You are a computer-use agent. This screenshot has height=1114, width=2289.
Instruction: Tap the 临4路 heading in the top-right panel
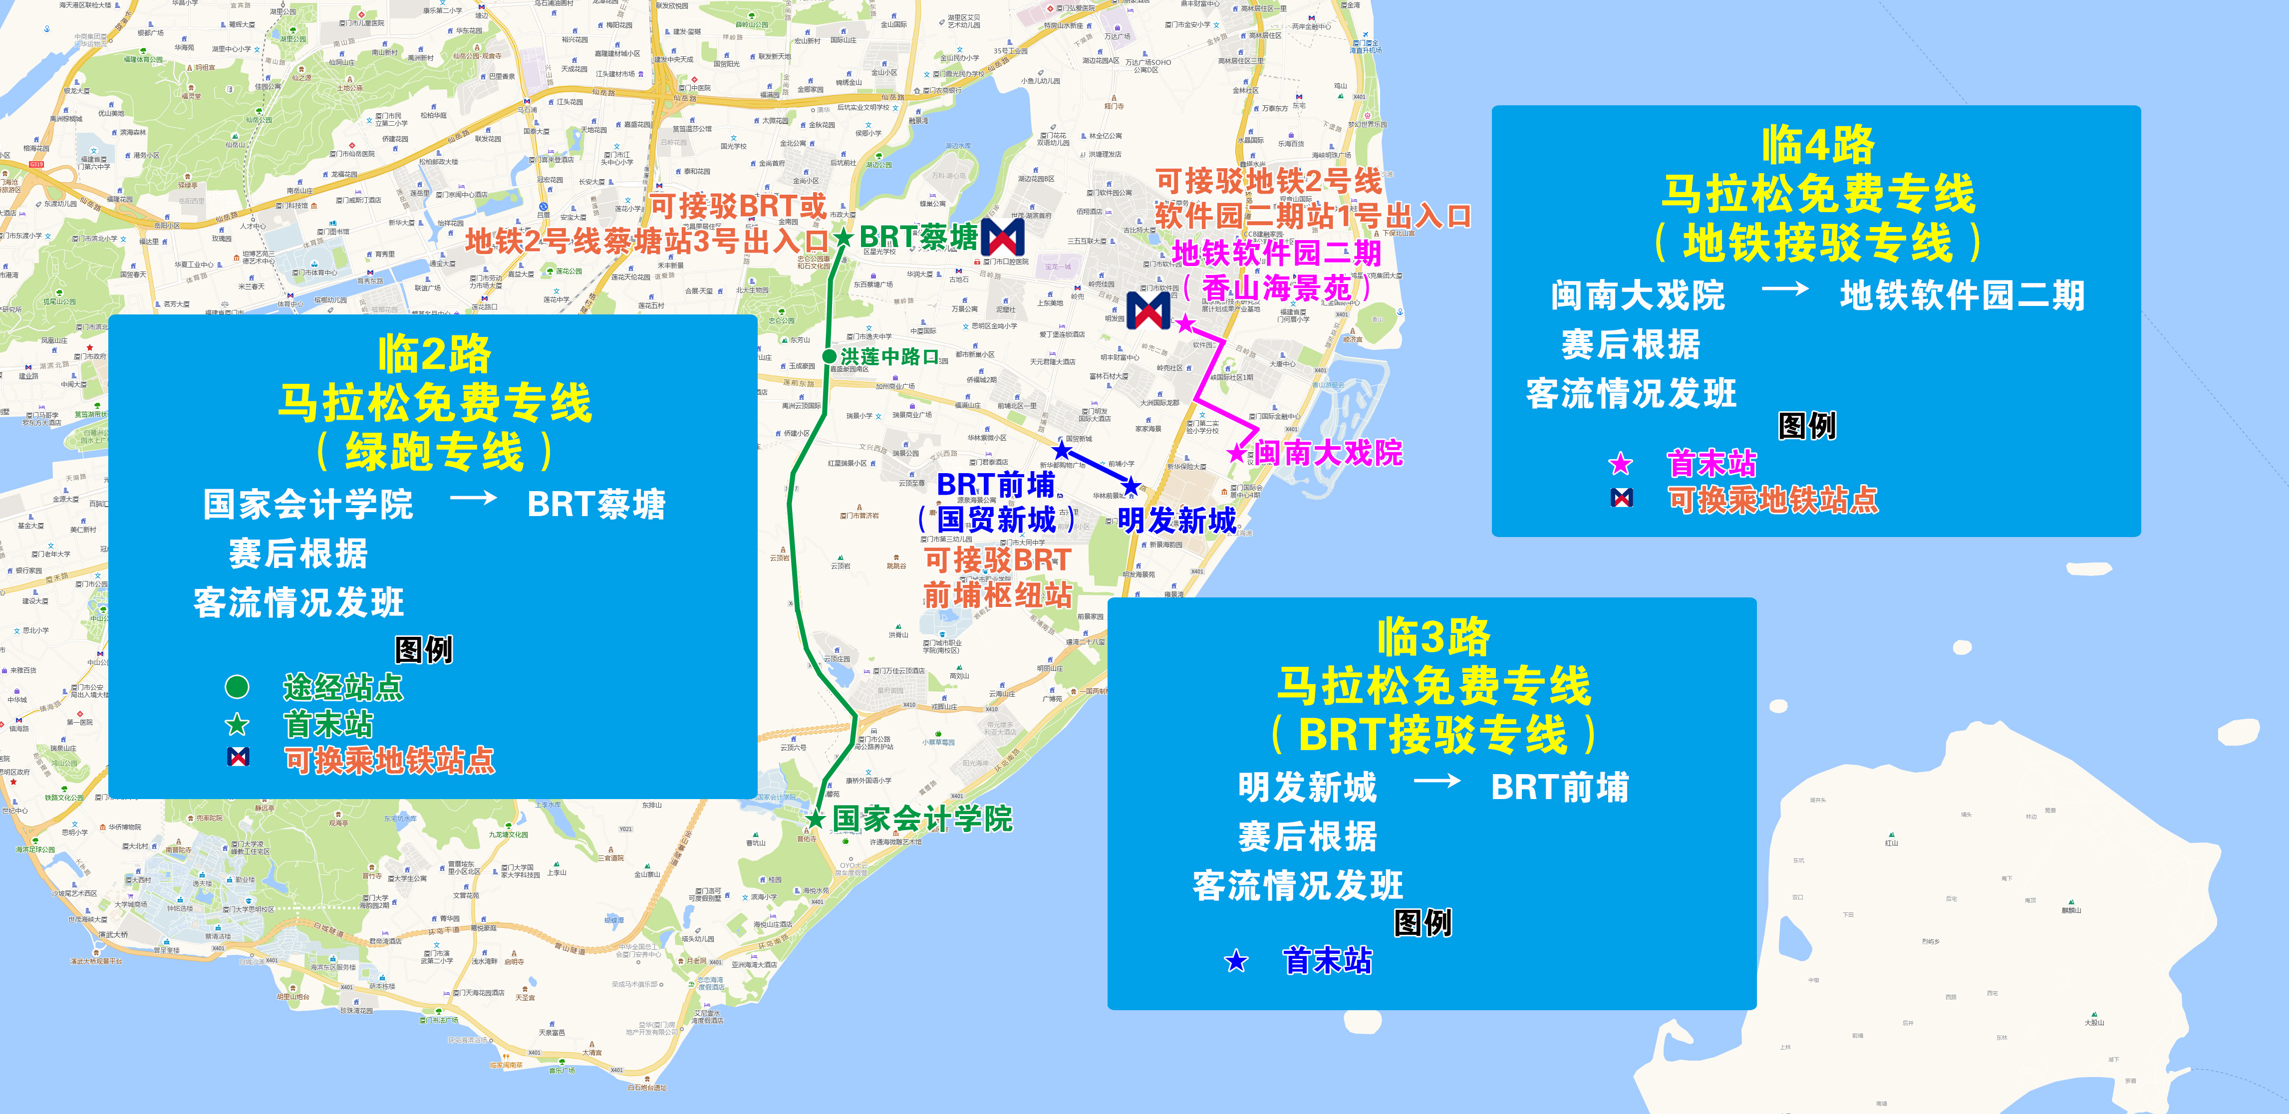pyautogui.click(x=1818, y=145)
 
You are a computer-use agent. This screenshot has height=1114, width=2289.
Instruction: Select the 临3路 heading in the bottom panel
pyautogui.click(x=1432, y=637)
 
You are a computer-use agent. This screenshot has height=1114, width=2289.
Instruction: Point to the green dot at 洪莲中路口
pyautogui.click(x=829, y=356)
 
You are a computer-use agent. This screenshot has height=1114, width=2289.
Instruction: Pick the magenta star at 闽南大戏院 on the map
pyautogui.click(x=1236, y=453)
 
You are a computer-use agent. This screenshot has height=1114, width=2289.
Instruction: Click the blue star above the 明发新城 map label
pyautogui.click(x=1131, y=486)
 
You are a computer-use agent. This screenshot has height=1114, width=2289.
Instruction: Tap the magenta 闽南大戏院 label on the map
pyautogui.click(x=1329, y=453)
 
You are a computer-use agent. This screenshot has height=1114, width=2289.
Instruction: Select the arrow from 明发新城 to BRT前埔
pyautogui.click(x=1436, y=782)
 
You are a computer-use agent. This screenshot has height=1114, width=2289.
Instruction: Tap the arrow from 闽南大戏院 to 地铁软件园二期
pyautogui.click(x=1784, y=289)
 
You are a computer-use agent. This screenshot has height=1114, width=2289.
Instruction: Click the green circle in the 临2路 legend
pyautogui.click(x=237, y=687)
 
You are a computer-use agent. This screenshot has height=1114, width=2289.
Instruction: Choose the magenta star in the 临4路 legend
pyautogui.click(x=1621, y=464)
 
